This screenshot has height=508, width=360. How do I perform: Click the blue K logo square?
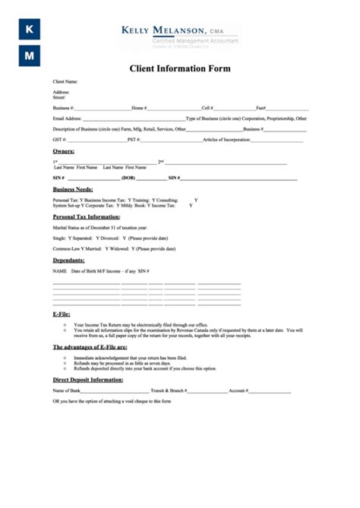(x=29, y=29)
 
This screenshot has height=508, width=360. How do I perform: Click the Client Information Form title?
(x=179, y=68)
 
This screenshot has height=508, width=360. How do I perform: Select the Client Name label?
(x=65, y=81)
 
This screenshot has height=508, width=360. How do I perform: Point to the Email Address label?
(x=67, y=118)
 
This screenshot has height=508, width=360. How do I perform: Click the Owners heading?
(x=63, y=152)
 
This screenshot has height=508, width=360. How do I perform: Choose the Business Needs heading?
(x=73, y=189)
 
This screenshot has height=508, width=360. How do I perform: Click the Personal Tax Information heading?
(x=86, y=216)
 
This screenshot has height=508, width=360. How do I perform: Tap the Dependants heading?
(x=68, y=260)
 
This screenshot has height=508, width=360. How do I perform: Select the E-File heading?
(x=62, y=313)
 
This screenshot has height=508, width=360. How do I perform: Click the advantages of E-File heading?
(x=90, y=346)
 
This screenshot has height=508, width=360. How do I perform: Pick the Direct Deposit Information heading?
(x=87, y=379)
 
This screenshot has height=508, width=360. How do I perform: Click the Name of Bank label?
(x=66, y=390)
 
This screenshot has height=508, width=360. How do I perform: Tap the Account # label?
(x=238, y=390)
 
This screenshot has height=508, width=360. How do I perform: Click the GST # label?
(x=59, y=140)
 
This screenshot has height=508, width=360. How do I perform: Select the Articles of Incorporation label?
(x=227, y=140)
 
